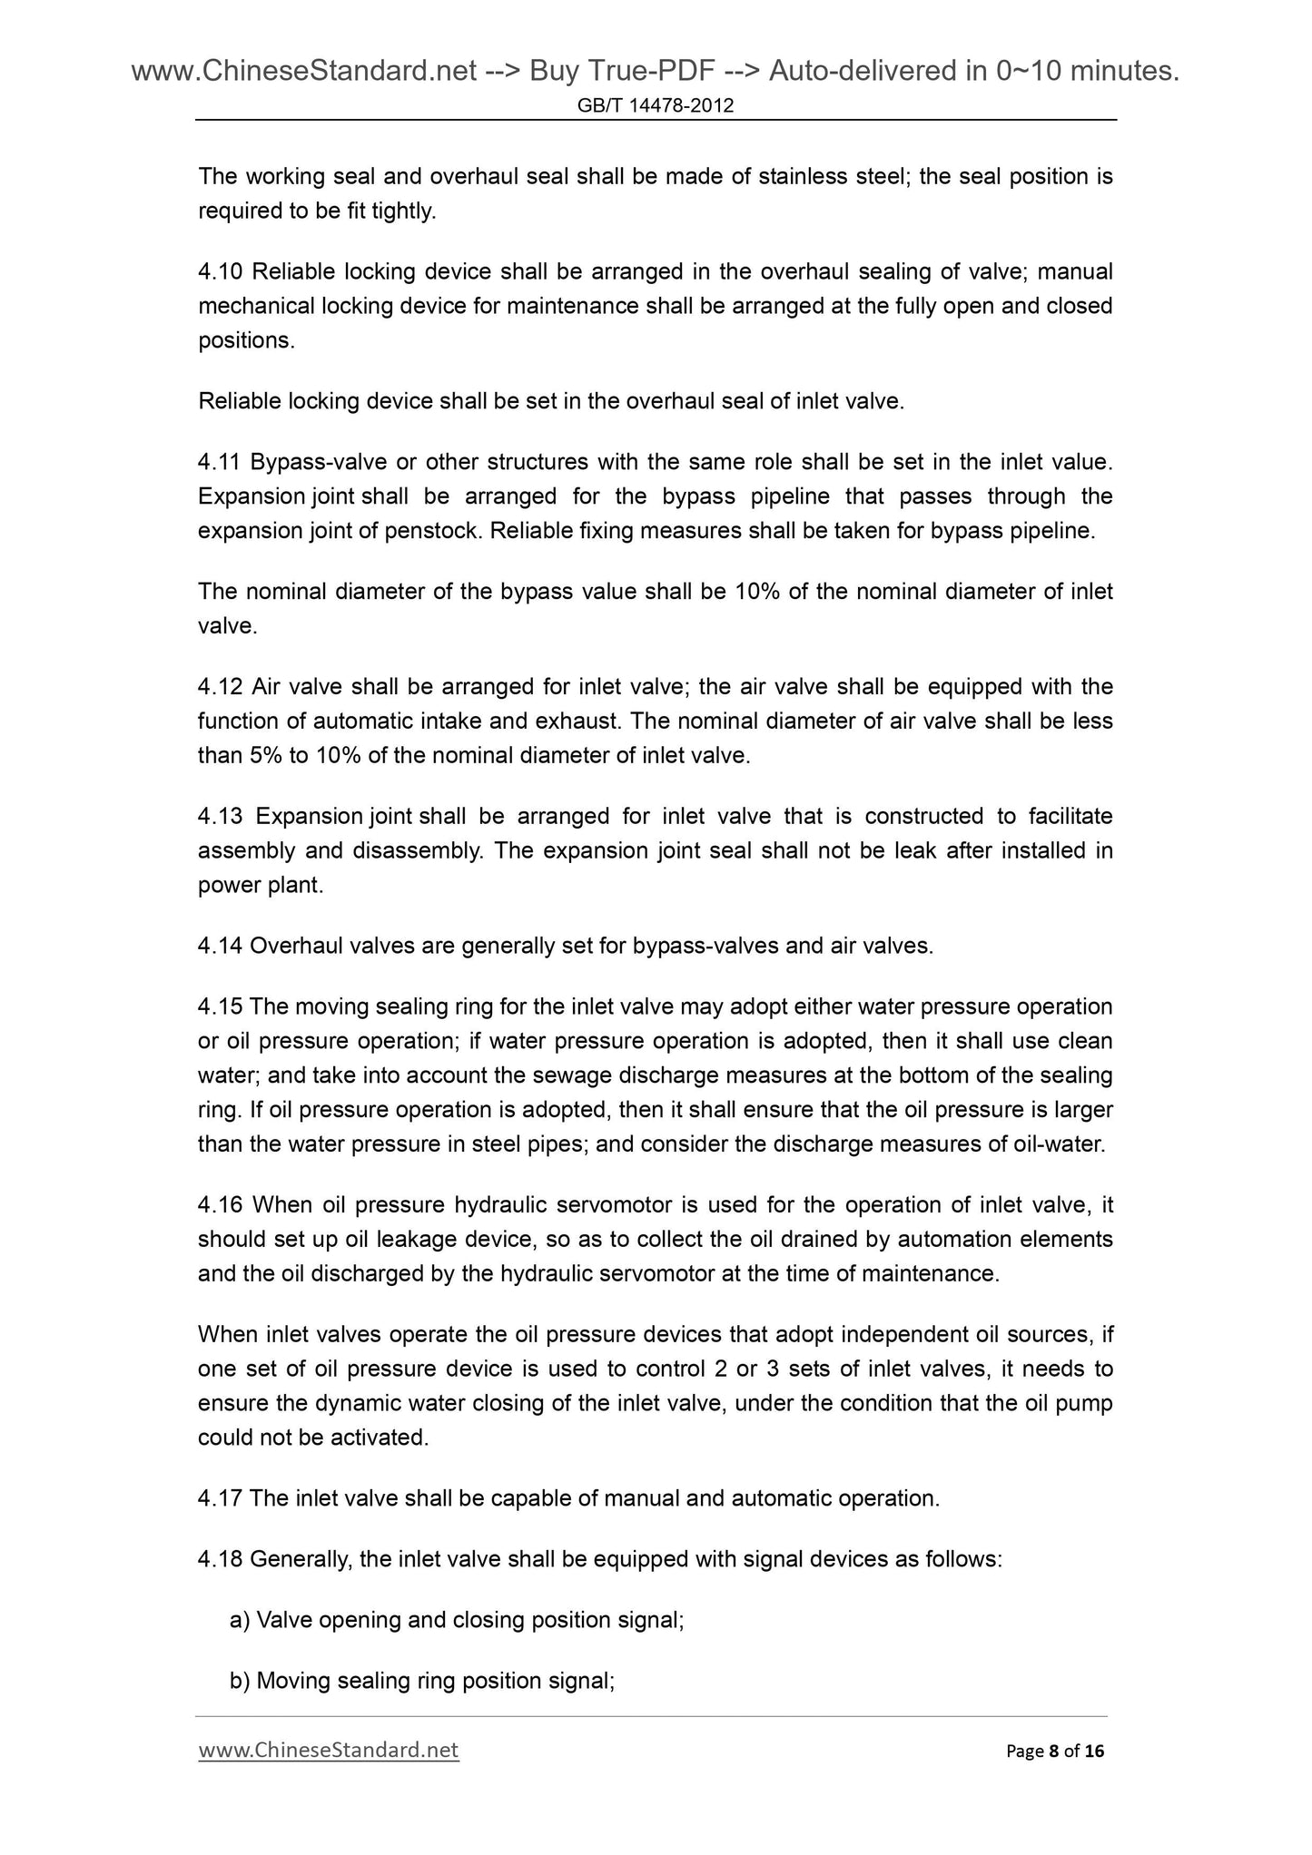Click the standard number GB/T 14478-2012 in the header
coord(656,107)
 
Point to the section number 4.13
coord(220,817)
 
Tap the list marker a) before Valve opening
coord(240,1620)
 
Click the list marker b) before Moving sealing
coord(240,1681)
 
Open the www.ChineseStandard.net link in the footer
coord(328,1750)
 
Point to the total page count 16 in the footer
coord(1094,1751)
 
